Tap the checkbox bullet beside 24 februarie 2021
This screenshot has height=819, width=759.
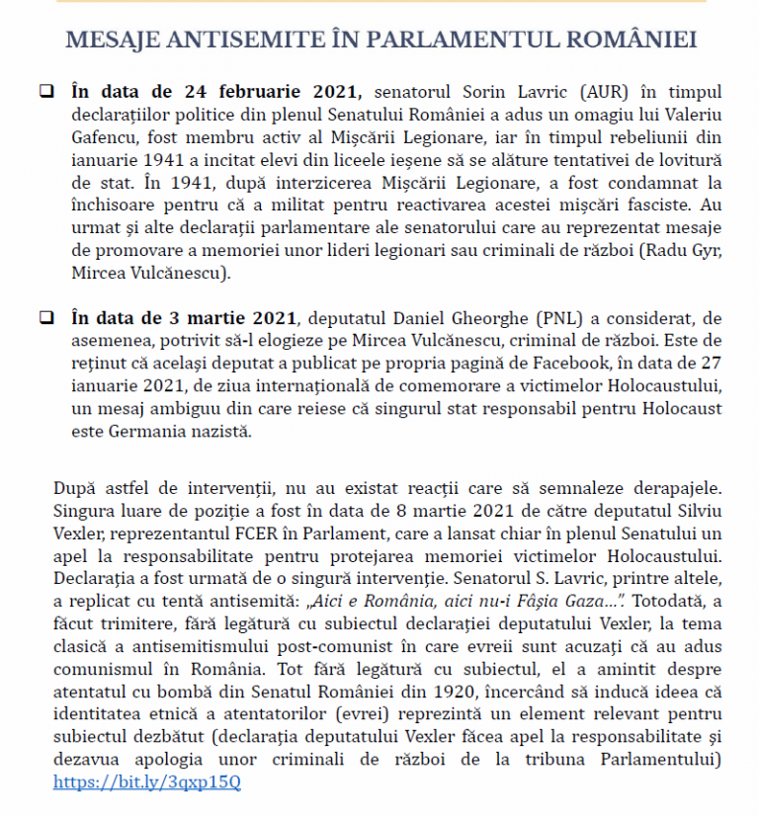point(45,92)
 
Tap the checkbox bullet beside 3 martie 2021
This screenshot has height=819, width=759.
point(45,319)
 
